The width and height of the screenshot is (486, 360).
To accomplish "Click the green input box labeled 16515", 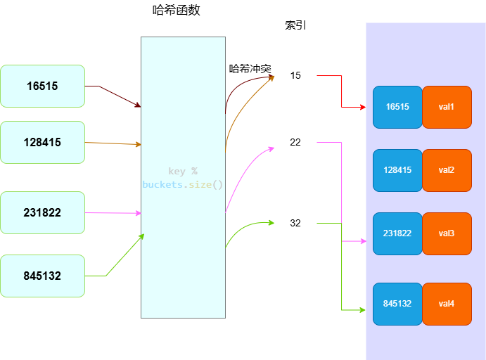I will click(x=42, y=86).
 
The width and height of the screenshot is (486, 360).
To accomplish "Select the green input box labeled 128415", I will click(x=42, y=142).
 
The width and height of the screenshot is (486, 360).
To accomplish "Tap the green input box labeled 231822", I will click(x=42, y=212).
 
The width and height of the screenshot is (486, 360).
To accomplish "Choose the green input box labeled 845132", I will click(x=42, y=276).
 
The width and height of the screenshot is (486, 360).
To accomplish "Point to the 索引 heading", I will click(x=295, y=25).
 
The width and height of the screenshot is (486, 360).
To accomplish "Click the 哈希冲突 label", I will click(x=250, y=69).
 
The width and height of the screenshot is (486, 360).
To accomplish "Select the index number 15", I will click(x=295, y=75).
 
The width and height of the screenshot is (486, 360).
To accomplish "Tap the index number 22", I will click(x=295, y=142).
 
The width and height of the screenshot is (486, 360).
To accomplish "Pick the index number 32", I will click(x=295, y=223).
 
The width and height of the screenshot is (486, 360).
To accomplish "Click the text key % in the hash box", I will click(x=183, y=172).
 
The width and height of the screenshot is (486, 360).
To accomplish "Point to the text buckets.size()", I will click(x=183, y=185).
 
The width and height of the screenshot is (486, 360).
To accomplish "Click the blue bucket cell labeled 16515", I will click(x=397, y=107).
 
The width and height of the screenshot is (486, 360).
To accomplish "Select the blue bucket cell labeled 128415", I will click(x=397, y=170).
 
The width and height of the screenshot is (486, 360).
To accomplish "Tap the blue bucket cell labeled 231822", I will click(x=397, y=233).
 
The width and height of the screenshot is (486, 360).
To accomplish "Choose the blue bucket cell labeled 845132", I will click(x=397, y=304).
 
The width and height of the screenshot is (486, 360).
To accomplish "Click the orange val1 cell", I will click(x=447, y=107).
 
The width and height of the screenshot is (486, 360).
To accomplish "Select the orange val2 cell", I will click(x=447, y=170).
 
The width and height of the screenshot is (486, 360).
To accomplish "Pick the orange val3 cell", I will click(x=447, y=233).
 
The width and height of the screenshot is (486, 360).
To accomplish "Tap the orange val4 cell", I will click(x=447, y=304).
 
